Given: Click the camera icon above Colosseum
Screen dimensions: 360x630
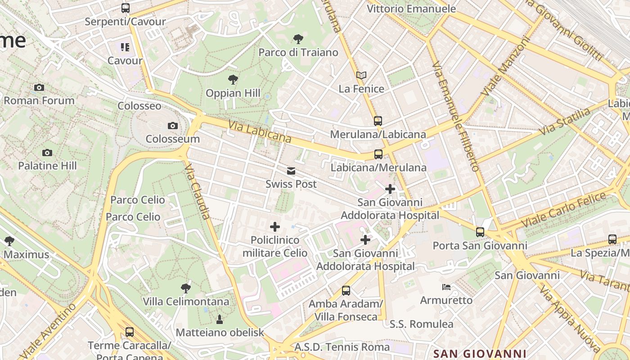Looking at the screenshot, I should (172, 126).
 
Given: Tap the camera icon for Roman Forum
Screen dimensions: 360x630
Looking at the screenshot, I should (39, 87).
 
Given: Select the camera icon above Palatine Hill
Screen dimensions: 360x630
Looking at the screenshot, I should (47, 153).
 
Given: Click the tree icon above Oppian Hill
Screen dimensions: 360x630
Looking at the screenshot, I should (233, 80).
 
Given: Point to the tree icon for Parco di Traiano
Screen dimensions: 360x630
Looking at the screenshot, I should (298, 39).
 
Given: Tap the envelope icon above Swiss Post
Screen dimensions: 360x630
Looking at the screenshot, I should (291, 171).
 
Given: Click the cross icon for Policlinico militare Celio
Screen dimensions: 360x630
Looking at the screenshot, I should (274, 227).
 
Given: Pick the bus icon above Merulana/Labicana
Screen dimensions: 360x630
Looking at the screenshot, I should (378, 121).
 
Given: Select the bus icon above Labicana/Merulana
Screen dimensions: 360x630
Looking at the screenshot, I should (378, 154).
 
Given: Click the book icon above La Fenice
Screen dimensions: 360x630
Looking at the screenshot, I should (361, 76).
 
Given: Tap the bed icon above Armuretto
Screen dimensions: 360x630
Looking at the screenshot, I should (446, 287).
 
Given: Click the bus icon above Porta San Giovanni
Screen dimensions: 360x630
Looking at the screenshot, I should (480, 232).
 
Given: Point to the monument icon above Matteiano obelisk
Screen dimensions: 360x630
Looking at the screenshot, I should (220, 319).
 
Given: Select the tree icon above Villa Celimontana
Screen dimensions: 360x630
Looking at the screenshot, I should (185, 288).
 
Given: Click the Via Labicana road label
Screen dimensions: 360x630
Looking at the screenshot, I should (260, 131).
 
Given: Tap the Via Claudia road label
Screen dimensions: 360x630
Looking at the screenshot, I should (198, 191).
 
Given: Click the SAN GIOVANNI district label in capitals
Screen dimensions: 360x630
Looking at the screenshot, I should (480, 354).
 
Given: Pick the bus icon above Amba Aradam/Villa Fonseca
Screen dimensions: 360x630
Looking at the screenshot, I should (346, 291).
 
